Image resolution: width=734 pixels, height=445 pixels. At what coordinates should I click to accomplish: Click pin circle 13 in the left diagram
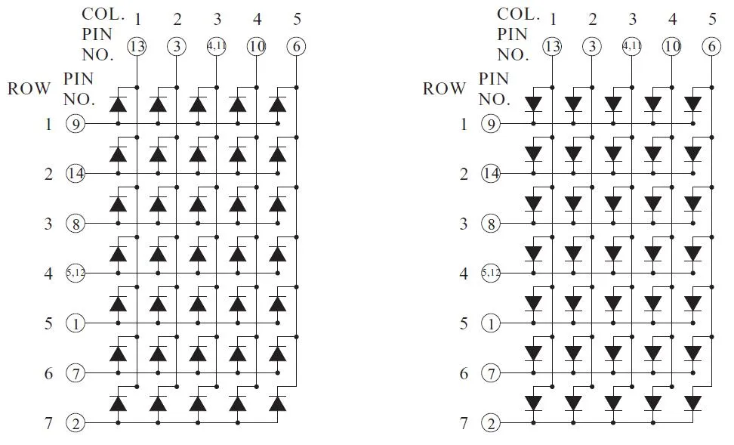(x=137, y=47)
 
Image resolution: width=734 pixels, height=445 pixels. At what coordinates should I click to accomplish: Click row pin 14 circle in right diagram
(x=491, y=174)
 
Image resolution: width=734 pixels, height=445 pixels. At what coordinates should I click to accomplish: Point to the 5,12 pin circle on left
(x=76, y=273)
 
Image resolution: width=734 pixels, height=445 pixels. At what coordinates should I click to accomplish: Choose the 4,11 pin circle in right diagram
(x=632, y=47)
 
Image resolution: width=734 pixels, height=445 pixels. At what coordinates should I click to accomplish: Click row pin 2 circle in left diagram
(x=76, y=423)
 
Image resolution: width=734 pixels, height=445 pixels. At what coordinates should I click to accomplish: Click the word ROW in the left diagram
(x=29, y=88)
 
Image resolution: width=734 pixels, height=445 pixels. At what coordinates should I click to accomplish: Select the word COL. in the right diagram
(x=518, y=14)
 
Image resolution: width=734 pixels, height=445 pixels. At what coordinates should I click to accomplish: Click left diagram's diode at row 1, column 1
(x=118, y=104)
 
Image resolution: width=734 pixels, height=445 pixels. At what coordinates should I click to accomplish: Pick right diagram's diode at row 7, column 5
(x=692, y=403)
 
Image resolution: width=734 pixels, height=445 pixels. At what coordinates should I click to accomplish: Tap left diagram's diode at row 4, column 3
(x=198, y=254)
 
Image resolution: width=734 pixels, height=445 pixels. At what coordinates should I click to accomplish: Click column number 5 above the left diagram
(x=296, y=19)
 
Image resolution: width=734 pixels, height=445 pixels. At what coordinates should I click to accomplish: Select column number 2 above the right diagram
(x=593, y=19)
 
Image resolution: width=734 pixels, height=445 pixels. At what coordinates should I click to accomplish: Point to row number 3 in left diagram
(x=49, y=224)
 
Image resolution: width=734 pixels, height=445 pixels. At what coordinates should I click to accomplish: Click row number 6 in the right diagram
(x=464, y=373)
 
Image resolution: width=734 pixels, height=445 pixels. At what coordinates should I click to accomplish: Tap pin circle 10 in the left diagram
(x=257, y=47)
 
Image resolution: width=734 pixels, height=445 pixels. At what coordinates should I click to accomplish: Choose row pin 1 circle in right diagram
(x=491, y=323)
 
